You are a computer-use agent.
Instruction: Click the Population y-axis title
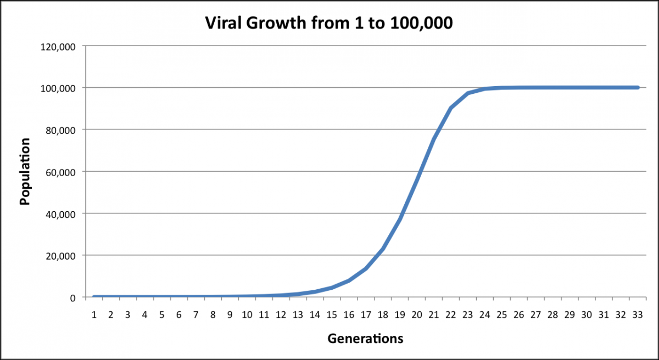coord(25,171)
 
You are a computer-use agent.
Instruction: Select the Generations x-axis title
coord(365,338)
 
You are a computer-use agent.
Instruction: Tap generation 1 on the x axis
coord(94,315)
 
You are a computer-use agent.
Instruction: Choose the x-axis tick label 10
coord(247,315)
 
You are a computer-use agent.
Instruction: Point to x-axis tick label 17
coord(366,315)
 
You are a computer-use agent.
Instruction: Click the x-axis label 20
coord(417,315)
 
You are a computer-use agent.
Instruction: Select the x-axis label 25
coord(502,315)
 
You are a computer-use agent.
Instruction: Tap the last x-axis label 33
coord(638,315)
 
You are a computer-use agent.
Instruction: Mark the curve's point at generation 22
coord(451,108)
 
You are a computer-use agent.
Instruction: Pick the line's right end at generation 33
coord(638,87)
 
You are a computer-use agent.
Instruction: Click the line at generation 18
coord(383,249)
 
